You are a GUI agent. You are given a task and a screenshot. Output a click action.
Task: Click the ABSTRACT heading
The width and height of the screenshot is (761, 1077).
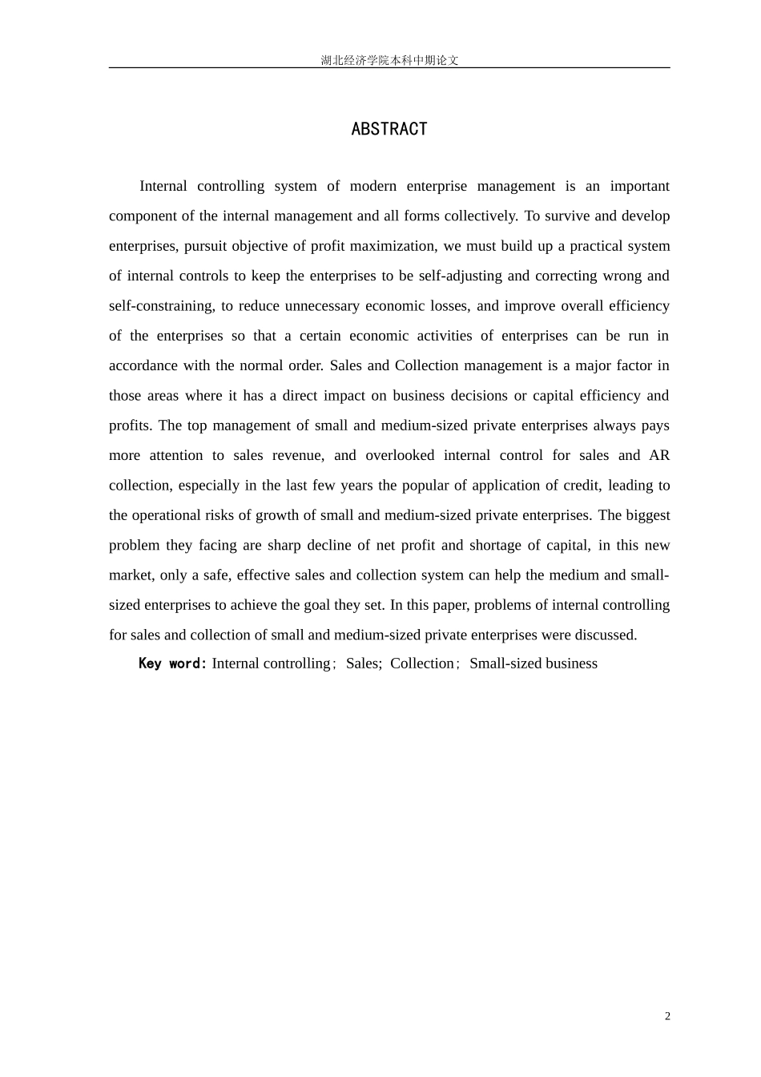coord(389,129)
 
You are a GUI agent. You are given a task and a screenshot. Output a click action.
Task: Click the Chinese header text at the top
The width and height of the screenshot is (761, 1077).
coord(389,60)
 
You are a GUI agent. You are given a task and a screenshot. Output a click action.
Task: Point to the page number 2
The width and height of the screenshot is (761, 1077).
coord(667,1016)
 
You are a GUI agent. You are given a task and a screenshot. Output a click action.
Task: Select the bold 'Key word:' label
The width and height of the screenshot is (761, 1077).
coord(173,664)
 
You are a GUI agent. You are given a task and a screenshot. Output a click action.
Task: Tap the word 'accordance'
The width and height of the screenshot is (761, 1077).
coord(142,365)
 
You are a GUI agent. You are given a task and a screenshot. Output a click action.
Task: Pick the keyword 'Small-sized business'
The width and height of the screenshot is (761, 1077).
coord(534,664)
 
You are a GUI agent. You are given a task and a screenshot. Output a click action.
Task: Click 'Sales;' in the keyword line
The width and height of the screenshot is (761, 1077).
coord(364,664)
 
